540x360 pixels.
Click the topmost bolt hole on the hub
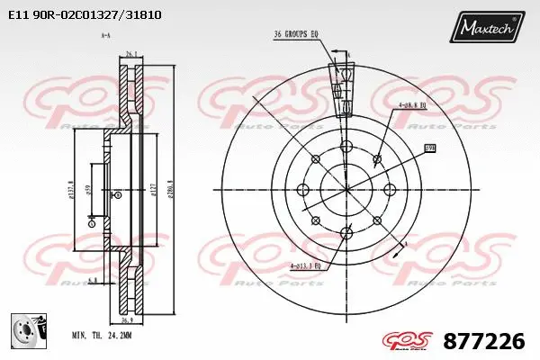[346, 146]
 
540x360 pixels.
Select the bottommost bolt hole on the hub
[346, 235]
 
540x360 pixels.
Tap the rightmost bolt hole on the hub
[391, 190]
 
